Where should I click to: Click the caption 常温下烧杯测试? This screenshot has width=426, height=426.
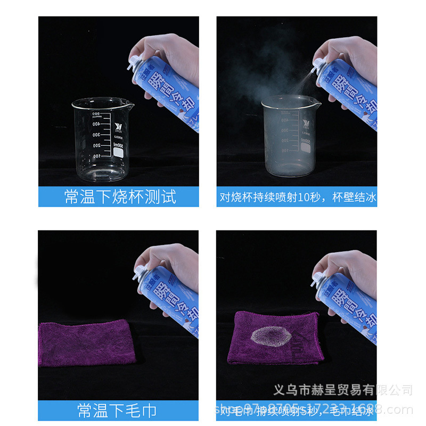click(120, 196)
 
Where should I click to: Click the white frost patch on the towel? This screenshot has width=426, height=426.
click(271, 337)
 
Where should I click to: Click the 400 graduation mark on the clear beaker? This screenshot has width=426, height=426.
click(97, 124)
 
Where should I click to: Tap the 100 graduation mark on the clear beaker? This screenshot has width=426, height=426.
click(97, 157)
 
